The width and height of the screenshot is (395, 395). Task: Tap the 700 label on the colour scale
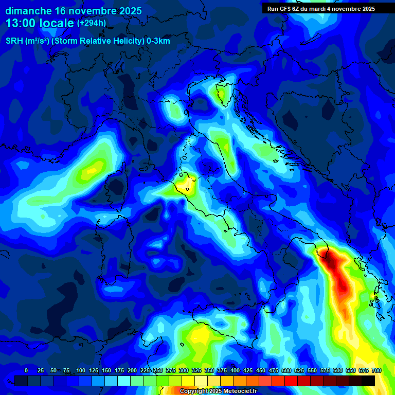pyautogui.click(x=376, y=370)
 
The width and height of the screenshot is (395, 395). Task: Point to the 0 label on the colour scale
pyautogui.click(x=26, y=370)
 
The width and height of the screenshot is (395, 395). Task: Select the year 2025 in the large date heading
pyautogui.click(x=127, y=11)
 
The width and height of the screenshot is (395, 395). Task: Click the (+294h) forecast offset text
pyautogui.click(x=92, y=23)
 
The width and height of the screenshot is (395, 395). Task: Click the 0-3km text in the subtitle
pyautogui.click(x=158, y=41)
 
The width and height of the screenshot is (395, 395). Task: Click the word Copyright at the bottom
pyautogui.click(x=193, y=391)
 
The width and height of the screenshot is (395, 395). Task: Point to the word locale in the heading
pyautogui.click(x=57, y=23)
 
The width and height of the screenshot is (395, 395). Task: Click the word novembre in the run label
pyautogui.click(x=347, y=9)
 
